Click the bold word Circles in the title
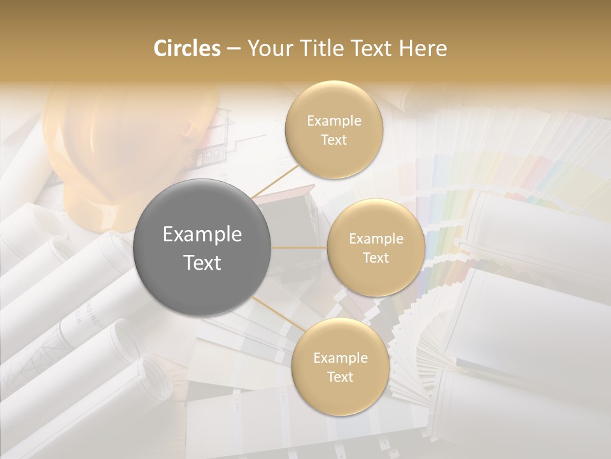point(186,48)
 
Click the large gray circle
point(202,247)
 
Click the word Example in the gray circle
point(202,235)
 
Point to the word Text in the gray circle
point(202,262)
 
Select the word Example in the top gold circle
point(334,120)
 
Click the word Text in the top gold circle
point(334,140)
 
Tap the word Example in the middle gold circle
point(376,238)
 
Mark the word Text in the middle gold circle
point(376,258)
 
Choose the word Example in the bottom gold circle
point(341,358)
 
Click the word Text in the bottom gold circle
point(340,377)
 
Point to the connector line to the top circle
point(275,180)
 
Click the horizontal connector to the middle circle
point(299,247)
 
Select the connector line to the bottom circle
point(278,313)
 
